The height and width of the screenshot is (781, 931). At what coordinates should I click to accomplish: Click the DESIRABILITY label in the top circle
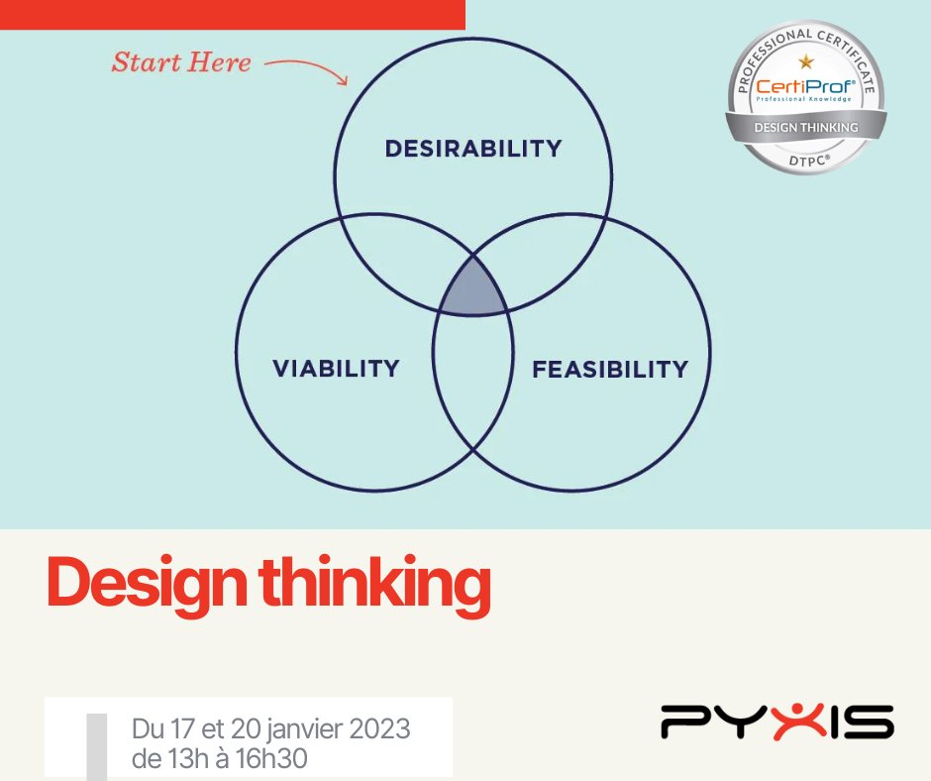pyautogui.click(x=472, y=149)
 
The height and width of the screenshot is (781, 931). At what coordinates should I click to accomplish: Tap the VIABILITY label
pyautogui.click(x=336, y=369)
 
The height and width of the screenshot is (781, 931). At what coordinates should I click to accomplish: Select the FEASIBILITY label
pyautogui.click(x=609, y=370)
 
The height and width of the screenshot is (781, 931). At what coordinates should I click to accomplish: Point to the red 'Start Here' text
pyautogui.click(x=181, y=62)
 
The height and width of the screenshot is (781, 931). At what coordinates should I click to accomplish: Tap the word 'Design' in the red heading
pyautogui.click(x=148, y=585)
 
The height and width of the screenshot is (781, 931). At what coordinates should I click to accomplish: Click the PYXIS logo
pyautogui.click(x=776, y=722)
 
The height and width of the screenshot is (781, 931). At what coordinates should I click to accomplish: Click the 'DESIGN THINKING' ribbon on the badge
pyautogui.click(x=805, y=128)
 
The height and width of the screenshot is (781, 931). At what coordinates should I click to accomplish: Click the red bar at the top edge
pyautogui.click(x=232, y=14)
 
